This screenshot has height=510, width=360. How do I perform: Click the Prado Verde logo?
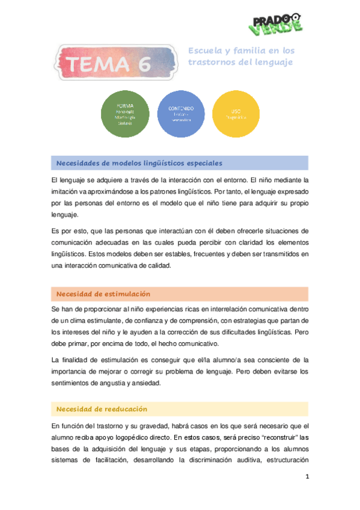coord(274,22)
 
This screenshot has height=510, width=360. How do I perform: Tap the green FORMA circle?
coord(126,114)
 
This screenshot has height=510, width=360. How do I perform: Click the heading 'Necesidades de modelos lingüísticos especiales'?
coord(139,163)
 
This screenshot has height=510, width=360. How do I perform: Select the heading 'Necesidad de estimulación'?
coord(103,293)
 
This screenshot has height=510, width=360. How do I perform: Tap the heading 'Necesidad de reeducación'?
coord(102,409)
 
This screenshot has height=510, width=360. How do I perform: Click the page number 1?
coord(307,478)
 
